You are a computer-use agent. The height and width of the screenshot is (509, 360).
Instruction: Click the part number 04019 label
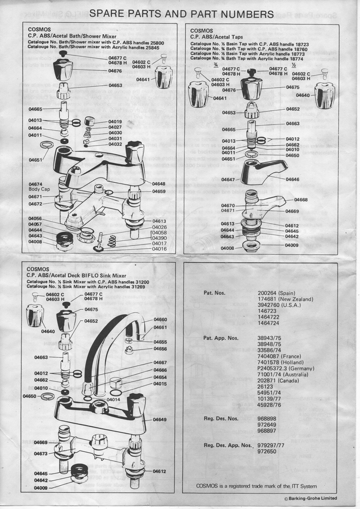click(x=103, y=121)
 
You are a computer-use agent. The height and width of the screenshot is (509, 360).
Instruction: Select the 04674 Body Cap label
click(x=36, y=187)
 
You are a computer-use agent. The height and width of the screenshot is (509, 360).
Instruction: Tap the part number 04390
click(x=159, y=238)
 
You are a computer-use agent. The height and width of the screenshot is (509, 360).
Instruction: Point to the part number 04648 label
click(x=159, y=183)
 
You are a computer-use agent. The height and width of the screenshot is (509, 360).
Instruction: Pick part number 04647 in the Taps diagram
click(x=229, y=179)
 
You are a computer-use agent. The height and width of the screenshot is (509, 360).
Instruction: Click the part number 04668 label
click(x=301, y=200)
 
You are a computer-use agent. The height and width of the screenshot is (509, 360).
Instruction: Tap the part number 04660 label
click(x=161, y=319)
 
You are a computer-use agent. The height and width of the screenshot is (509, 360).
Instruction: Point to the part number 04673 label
click(x=40, y=454)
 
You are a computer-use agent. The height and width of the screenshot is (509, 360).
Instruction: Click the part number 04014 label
click(x=114, y=399)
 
